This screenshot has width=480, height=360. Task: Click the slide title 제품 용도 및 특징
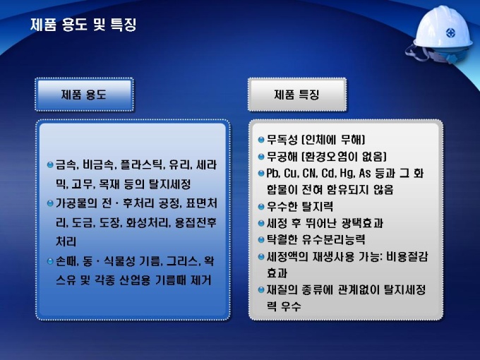click(x=83, y=25)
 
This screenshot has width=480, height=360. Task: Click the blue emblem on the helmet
click(x=450, y=32)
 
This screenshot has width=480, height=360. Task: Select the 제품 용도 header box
click(x=84, y=95)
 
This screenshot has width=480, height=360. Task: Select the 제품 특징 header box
click(x=297, y=95)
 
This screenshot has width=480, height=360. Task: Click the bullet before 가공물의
click(x=50, y=203)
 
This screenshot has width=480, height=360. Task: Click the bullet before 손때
click(x=50, y=261)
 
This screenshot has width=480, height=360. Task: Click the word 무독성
click(x=282, y=140)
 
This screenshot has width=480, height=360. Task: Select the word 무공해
click(x=282, y=157)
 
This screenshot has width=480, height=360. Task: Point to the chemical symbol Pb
click(x=272, y=173)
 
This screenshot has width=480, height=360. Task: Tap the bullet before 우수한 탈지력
click(x=261, y=206)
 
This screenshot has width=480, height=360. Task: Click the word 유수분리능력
click(x=333, y=239)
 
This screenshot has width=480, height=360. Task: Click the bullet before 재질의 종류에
click(x=261, y=289)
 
